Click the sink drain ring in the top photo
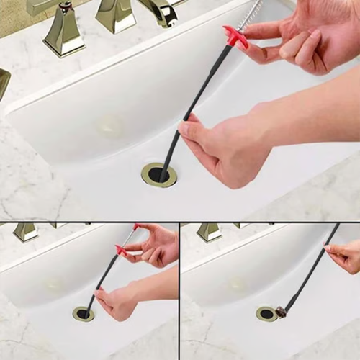coord(158,175)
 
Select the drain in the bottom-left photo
coord(83,314)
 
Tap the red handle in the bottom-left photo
coord(121,251)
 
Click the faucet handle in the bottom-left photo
coord(26,231)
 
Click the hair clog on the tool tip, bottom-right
coord(282,312)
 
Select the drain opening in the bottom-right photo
coord(266,314)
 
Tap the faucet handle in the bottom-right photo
coord(209,231)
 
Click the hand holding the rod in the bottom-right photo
coord(346,256)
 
